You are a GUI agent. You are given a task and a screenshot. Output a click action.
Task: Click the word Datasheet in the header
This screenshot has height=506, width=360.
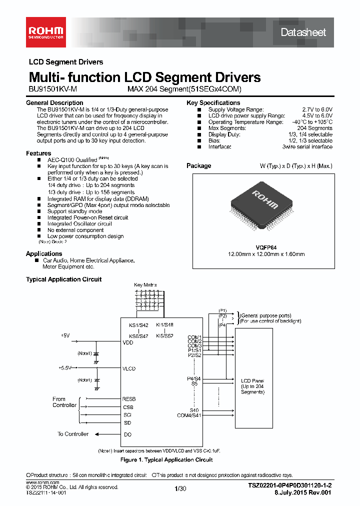click(x=303, y=32)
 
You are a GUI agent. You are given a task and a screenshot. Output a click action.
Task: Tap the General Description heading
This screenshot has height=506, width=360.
click(x=54, y=103)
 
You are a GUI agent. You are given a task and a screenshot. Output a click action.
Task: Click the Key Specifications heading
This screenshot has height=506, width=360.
click(x=213, y=103)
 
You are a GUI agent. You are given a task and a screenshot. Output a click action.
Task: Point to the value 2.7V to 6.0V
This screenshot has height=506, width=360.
click(x=317, y=109)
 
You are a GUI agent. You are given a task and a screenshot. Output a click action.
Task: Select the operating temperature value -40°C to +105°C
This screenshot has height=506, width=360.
click(x=312, y=122)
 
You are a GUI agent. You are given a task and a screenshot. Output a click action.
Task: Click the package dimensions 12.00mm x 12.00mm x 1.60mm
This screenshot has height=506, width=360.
click(x=259, y=254)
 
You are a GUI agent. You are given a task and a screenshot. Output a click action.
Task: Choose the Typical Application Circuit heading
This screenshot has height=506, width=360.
click(x=63, y=279)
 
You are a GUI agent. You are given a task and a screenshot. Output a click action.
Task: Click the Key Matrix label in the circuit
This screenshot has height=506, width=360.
click(x=145, y=285)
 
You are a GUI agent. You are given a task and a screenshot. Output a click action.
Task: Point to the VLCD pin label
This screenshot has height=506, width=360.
click(x=129, y=368)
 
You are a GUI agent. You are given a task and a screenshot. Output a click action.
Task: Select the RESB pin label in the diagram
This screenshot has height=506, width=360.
click(x=129, y=399)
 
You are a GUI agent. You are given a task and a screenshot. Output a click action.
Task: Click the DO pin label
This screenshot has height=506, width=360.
click(x=127, y=434)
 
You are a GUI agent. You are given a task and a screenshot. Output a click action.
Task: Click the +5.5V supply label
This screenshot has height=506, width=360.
click(x=65, y=367)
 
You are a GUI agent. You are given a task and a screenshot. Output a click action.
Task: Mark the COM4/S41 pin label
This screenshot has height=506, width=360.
click(x=189, y=415)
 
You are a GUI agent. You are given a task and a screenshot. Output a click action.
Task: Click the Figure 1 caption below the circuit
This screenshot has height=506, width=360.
click(x=166, y=459)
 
